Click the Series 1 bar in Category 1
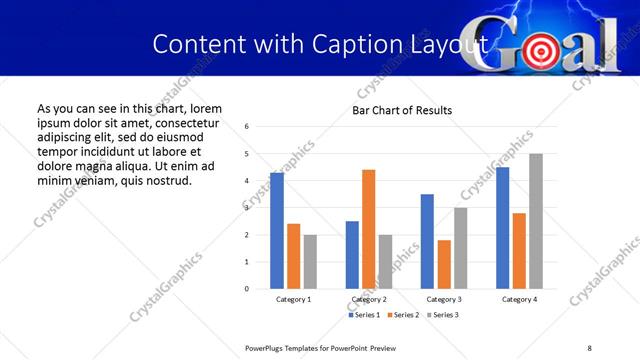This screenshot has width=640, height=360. [x=277, y=231]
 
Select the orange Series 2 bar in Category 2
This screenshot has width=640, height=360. [x=368, y=229]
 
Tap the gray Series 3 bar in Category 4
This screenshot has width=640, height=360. [x=536, y=221]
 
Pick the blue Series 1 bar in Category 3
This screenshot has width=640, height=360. [x=427, y=241]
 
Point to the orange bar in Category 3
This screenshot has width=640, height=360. [x=444, y=264]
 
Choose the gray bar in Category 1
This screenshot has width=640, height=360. [x=310, y=262]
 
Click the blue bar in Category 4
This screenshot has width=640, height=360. [x=502, y=228]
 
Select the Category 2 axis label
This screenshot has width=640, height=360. [x=368, y=299]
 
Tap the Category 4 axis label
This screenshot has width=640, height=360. [x=519, y=299]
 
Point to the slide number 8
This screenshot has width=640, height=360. [x=589, y=347]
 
